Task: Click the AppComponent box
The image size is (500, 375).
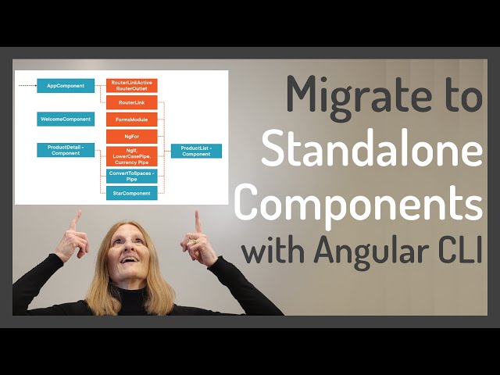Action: coord(66,85)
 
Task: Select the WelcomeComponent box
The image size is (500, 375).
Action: coord(66,120)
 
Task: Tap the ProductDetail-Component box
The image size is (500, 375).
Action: coord(66,150)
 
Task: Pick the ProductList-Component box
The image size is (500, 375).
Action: coord(196,151)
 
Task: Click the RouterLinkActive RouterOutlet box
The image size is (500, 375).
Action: coord(131,85)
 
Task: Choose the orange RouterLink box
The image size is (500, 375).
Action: coord(131,102)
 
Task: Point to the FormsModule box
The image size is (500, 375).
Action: coord(131,120)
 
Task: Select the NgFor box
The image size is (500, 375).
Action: coord(131,136)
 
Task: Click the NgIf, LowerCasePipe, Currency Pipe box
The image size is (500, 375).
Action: coord(131,155)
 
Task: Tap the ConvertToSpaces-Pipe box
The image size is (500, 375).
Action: coord(131,175)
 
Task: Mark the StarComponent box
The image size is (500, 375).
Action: coord(131,192)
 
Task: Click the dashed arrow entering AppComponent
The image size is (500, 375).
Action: coord(27,85)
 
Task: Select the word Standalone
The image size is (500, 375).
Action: coord(372,149)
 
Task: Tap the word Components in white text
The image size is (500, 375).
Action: coord(359,201)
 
